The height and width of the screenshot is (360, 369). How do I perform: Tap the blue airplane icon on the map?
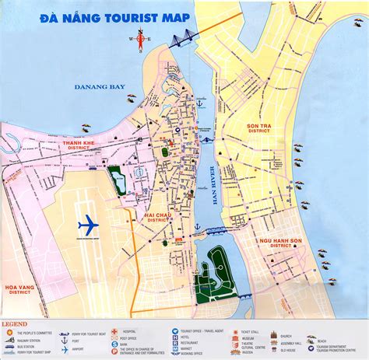click(x=89, y=225)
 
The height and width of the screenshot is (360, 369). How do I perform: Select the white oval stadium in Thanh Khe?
click(x=138, y=173)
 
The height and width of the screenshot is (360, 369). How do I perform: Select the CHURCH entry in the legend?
click(x=285, y=336)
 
